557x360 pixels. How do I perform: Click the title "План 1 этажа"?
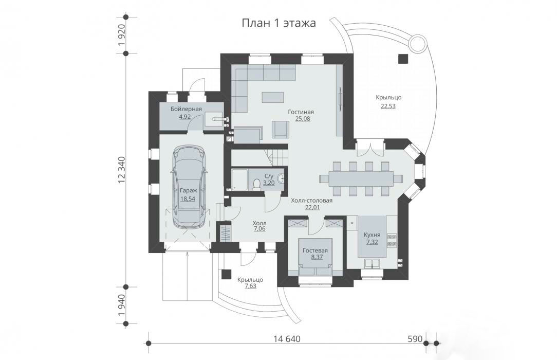point(278,23)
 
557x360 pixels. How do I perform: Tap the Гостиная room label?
point(301,112)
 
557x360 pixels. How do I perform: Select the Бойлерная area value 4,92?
point(184,116)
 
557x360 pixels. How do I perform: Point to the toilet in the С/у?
point(256,184)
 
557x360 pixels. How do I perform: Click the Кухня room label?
point(372,235)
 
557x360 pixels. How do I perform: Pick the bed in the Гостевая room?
point(315,257)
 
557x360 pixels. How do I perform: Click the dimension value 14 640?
point(287,339)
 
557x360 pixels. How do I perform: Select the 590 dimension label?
point(415,339)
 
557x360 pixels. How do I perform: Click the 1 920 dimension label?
point(122,35)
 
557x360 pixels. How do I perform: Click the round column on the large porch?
point(417,44)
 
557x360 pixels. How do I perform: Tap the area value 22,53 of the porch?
point(388,106)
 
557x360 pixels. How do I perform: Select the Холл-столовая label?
point(311,201)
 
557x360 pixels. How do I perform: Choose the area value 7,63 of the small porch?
point(250,286)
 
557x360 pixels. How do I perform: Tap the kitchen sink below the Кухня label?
point(372,264)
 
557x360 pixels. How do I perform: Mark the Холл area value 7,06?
point(259,229)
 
